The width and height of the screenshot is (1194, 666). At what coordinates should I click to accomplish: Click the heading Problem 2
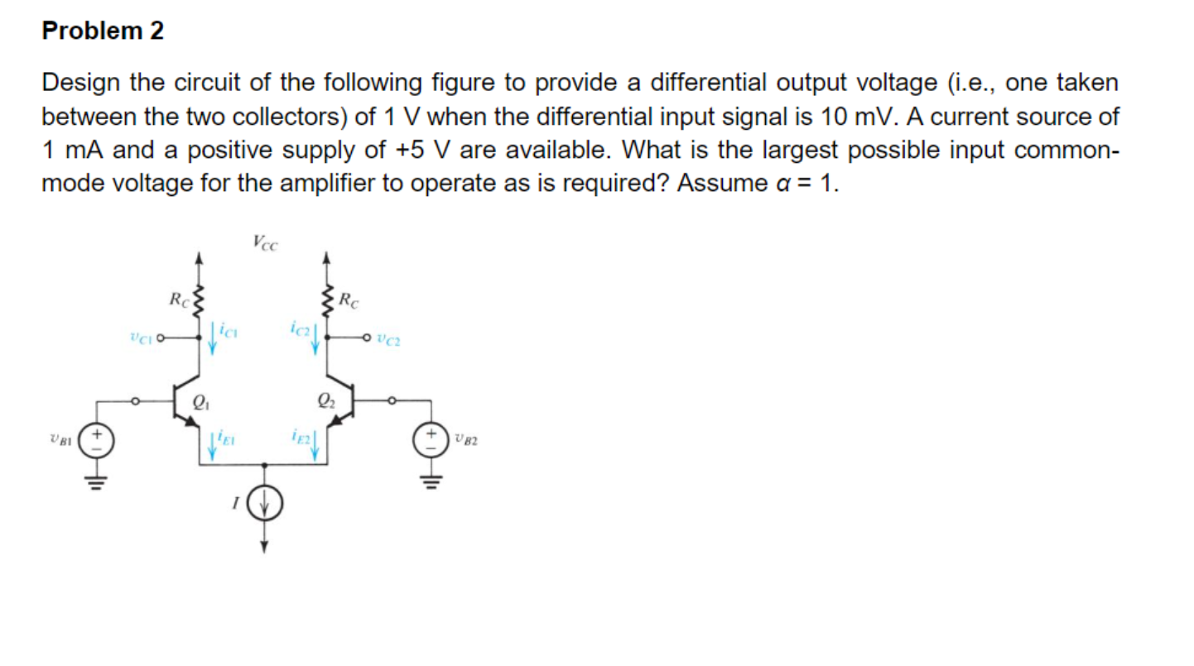(104, 31)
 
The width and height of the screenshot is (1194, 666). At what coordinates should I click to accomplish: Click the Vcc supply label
(265, 242)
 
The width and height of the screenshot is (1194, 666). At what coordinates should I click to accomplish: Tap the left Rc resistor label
(177, 298)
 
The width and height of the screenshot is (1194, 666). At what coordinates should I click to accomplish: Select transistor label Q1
(199, 404)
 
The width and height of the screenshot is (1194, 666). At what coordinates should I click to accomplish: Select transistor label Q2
(325, 404)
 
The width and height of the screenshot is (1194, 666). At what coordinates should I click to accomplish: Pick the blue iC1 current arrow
(213, 339)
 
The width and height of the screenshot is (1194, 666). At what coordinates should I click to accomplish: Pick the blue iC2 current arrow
(315, 339)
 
